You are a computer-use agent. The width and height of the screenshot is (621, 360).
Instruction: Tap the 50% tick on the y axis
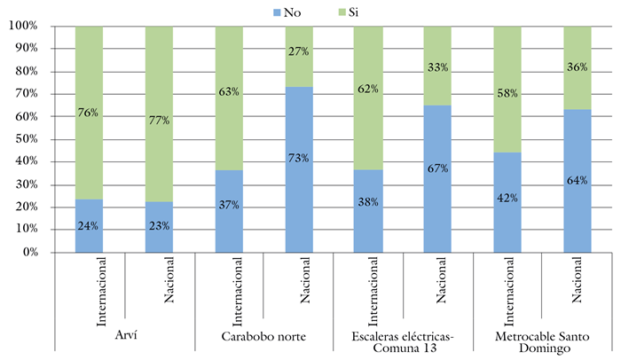pyautogui.click(x=26, y=139)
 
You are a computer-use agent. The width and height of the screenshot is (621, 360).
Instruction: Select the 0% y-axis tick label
pyautogui.click(x=29, y=253)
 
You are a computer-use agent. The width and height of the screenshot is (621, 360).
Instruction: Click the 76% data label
pyautogui.click(x=89, y=113)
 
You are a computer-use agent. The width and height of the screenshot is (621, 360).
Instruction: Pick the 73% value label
pyautogui.click(x=298, y=158)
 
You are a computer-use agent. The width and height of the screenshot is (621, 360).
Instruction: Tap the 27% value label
pyautogui.click(x=298, y=51)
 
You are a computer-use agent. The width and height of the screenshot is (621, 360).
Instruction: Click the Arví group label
pyautogui.click(x=124, y=334)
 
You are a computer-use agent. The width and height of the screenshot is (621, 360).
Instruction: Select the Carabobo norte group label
pyautogui.click(x=263, y=334)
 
